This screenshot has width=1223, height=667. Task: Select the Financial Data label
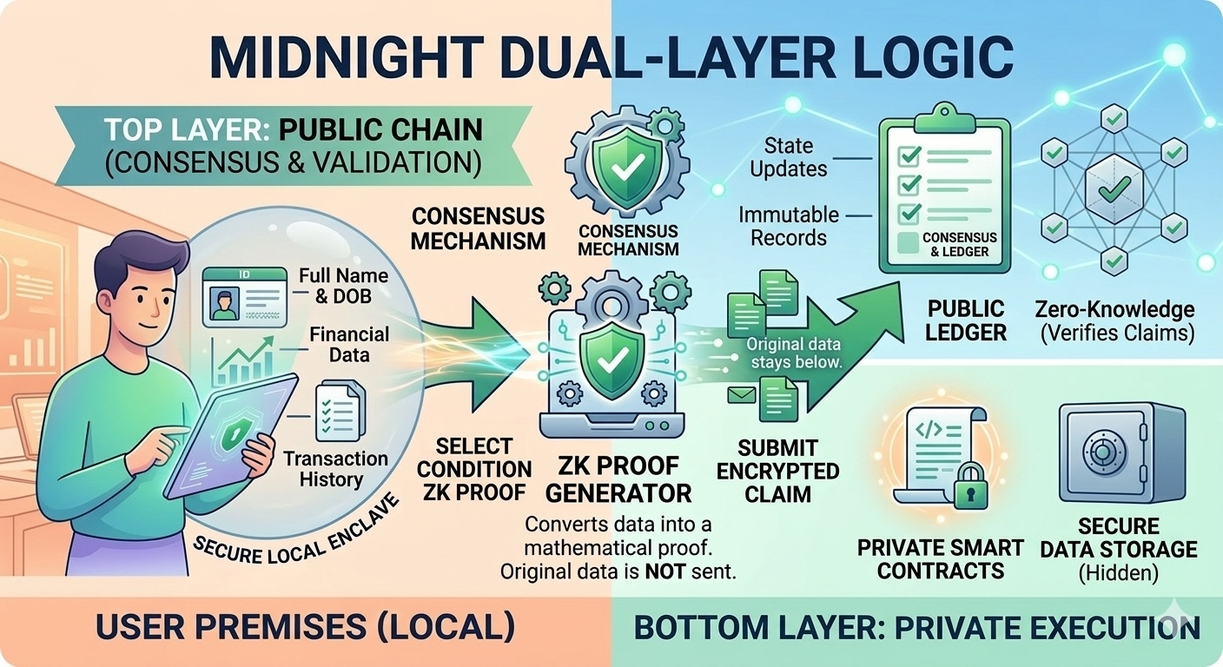(349, 344)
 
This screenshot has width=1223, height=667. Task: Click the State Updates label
(789, 157)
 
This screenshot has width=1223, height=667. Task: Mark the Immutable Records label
(789, 226)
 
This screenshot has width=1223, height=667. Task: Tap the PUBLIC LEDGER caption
(966, 320)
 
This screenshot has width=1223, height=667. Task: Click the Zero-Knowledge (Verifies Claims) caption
(1115, 320)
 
